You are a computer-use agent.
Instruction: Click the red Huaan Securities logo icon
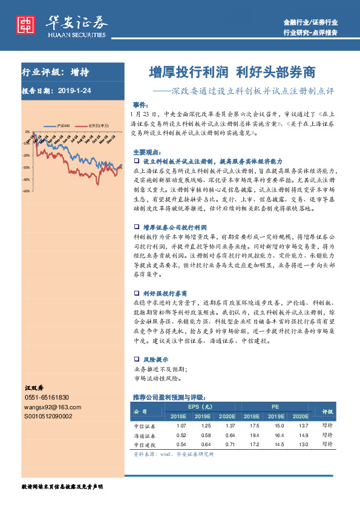point(25,23)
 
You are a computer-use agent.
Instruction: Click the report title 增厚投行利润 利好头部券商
point(232,73)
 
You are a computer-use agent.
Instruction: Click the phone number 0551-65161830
point(47,397)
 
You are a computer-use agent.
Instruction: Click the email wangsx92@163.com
point(49,407)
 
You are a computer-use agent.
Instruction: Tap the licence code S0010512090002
point(48,417)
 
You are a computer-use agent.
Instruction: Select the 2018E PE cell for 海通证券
point(250,435)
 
